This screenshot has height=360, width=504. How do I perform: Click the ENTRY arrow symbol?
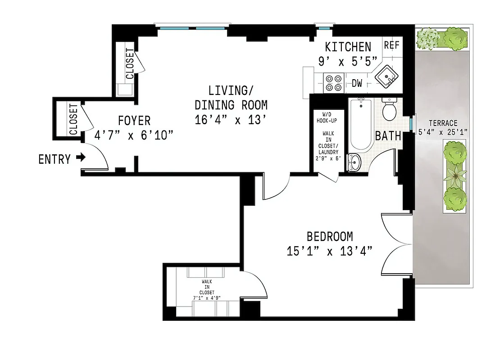[81, 158]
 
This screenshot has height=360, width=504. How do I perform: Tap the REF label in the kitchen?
[391, 46]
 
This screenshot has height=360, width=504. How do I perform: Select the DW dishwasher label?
[357, 83]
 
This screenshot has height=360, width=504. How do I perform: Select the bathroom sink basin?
[355, 162]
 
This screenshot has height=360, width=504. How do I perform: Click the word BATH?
[388, 136]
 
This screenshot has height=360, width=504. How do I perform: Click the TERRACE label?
[443, 123]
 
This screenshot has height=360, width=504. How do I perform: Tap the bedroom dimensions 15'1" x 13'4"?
[329, 251]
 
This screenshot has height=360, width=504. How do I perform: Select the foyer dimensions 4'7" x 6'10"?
[134, 135]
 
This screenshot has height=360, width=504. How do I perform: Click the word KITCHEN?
[348, 47]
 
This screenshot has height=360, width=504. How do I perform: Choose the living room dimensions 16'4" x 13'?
[231, 120]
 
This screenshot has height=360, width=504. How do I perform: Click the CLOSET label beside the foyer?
[73, 120]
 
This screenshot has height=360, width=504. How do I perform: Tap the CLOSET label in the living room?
[129, 63]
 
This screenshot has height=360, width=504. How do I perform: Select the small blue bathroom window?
[412, 123]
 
